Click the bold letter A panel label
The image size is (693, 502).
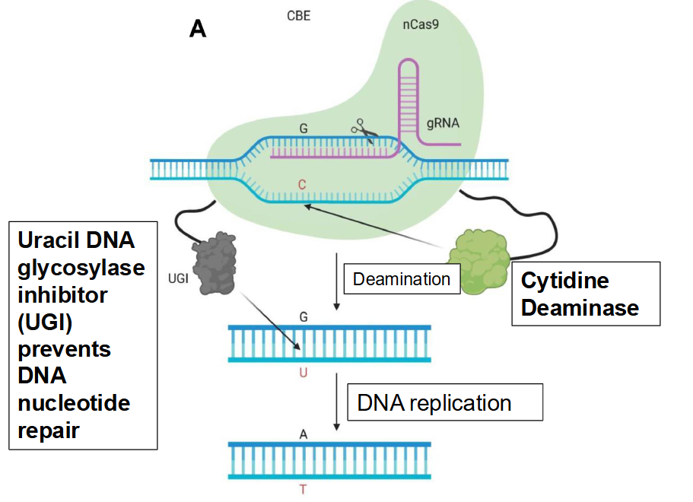(x=198, y=29)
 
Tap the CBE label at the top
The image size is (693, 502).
(x=298, y=15)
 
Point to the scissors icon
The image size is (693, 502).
(x=364, y=132)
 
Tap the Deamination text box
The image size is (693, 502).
(x=402, y=279)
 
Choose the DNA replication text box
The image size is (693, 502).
(x=445, y=402)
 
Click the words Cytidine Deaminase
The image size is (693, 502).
(x=580, y=294)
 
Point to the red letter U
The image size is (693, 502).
(x=304, y=373)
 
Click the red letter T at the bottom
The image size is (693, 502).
(x=304, y=490)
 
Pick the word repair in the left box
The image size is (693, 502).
(x=49, y=431)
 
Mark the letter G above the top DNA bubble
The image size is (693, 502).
(x=304, y=128)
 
